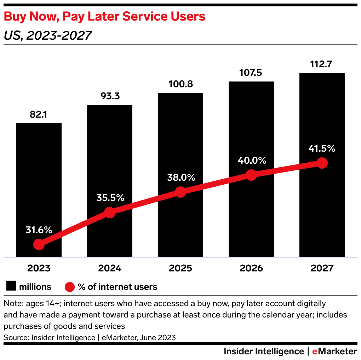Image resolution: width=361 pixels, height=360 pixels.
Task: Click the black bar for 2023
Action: tap(39, 177)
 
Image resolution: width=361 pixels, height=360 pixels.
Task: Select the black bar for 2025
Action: tap(180, 149)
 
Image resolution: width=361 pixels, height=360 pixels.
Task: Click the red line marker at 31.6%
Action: tap(39, 244)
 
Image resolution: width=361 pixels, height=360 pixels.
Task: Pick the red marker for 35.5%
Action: tap(110, 213)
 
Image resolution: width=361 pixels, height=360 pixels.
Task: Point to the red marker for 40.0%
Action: tap(251, 175)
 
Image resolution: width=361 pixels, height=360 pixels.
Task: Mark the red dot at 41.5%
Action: tap(322, 163)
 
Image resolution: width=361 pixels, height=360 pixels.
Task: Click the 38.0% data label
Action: tap(180, 177)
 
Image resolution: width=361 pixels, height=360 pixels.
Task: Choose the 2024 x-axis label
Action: tap(110, 268)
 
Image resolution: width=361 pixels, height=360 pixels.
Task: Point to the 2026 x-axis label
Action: tap(251, 268)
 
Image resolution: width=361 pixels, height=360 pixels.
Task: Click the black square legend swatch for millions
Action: tap(12, 286)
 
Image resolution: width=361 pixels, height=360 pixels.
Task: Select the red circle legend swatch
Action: tap(70, 287)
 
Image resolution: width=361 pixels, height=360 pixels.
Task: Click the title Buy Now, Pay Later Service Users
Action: tap(104, 16)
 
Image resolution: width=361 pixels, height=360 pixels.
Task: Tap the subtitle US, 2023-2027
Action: tap(47, 35)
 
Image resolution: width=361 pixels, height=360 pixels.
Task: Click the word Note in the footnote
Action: tap(11, 304)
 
